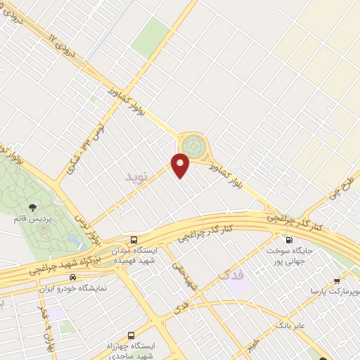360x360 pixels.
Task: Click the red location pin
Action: (181, 166)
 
